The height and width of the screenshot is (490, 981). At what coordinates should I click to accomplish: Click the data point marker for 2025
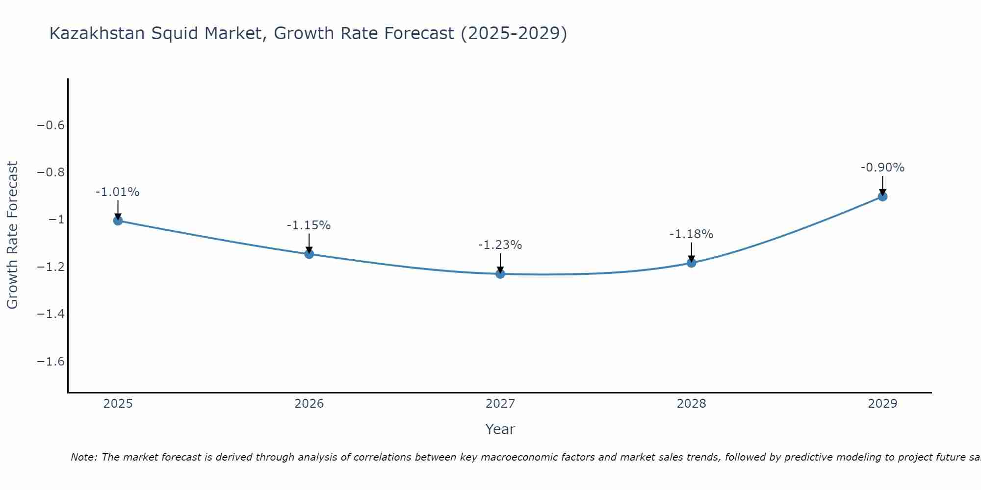coord(118,220)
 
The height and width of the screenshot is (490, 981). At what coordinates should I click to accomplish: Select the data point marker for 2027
coord(500,274)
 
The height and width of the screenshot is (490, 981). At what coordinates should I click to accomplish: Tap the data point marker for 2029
coord(882,196)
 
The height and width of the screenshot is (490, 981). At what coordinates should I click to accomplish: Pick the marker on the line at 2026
coord(309,254)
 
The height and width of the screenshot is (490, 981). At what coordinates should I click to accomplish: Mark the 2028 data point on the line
coord(692,263)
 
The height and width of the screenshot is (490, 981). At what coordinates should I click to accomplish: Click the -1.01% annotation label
coord(118,192)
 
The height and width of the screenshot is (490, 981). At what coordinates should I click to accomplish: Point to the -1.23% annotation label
coord(500,245)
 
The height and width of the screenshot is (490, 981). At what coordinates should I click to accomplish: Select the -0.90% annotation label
coord(882,168)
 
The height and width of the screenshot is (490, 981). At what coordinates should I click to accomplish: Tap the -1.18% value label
coord(692,234)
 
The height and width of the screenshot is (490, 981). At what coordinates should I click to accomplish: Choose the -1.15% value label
coord(309,225)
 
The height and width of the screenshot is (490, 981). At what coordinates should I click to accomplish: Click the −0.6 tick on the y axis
coord(51,125)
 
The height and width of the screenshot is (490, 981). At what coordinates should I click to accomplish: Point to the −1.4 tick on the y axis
coord(51,314)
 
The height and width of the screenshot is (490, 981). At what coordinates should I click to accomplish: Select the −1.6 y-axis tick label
coord(51,361)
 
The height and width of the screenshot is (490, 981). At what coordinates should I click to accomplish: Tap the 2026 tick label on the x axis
coord(309,404)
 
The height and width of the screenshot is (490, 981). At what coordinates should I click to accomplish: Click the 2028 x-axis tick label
coord(692,404)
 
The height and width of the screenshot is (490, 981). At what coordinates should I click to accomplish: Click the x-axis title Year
coord(500,429)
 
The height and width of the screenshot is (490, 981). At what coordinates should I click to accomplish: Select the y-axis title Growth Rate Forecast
coord(12,235)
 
